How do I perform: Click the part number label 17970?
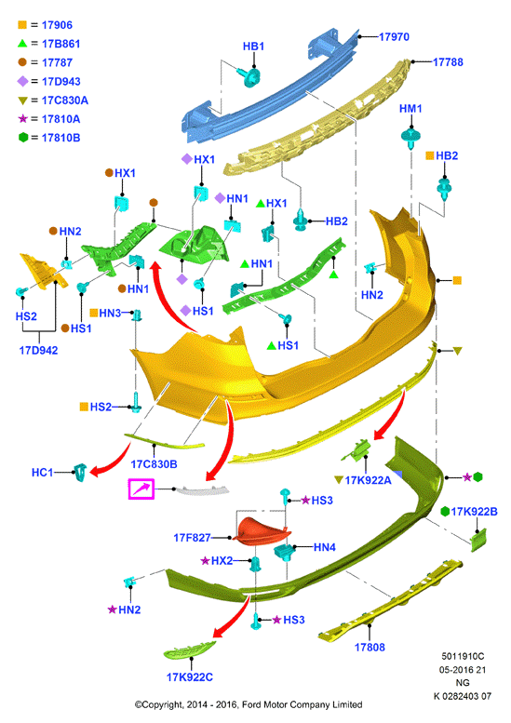[x=394, y=37]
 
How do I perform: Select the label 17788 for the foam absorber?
[x=448, y=61]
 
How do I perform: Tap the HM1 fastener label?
[x=410, y=108]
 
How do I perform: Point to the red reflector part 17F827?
[x=261, y=531]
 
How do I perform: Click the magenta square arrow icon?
[x=141, y=489]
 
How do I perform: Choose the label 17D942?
[x=38, y=351]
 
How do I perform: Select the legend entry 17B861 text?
[x=61, y=44]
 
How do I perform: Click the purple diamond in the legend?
[x=22, y=81]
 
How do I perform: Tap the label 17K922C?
[x=190, y=676]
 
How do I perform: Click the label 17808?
[x=370, y=647]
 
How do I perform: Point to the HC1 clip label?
[x=43, y=472]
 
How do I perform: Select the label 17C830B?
[x=154, y=464]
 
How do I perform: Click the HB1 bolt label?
[x=253, y=47]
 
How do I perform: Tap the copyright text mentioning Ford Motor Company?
[x=249, y=704]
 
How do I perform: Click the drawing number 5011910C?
[x=463, y=656]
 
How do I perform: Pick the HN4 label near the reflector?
[x=325, y=547]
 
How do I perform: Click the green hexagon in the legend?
[x=23, y=138]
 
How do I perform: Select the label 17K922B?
[x=474, y=512]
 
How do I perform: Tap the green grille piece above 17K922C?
[x=189, y=649]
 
